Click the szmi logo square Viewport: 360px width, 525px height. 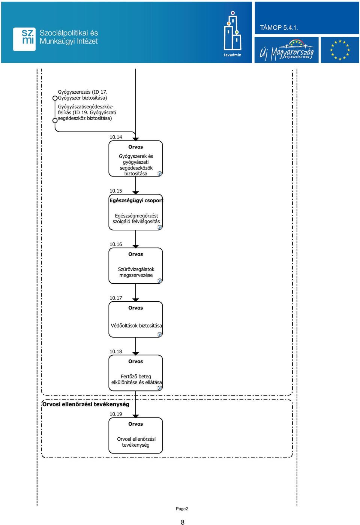pos(24,39)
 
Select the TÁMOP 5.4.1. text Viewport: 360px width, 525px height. pos(279,28)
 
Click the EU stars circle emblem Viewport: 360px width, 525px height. pos(340,50)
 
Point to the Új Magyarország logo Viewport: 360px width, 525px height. pos(286,50)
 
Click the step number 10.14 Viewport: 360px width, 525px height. pos(116,137)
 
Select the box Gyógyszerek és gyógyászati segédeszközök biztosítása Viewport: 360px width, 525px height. pos(135,159)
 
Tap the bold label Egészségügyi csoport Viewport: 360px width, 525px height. pos(136,200)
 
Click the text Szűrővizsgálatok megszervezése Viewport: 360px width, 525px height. pos(136,272)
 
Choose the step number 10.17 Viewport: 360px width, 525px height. pos(116,298)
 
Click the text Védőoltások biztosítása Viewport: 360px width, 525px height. pos(136,326)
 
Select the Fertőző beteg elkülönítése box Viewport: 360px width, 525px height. pos(135,373)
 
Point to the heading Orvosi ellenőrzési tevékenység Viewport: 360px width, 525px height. pos(86,404)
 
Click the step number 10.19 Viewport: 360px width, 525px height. pos(116,414)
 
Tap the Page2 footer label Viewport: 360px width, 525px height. pos(182,509)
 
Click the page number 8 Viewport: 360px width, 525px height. pos(183,522)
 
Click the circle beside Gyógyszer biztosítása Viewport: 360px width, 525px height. pos(55,98)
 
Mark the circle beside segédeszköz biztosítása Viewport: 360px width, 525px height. pos(55,120)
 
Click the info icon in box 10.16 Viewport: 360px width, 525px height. pos(160,281)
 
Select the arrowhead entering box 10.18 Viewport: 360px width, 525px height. pos(135,353)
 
